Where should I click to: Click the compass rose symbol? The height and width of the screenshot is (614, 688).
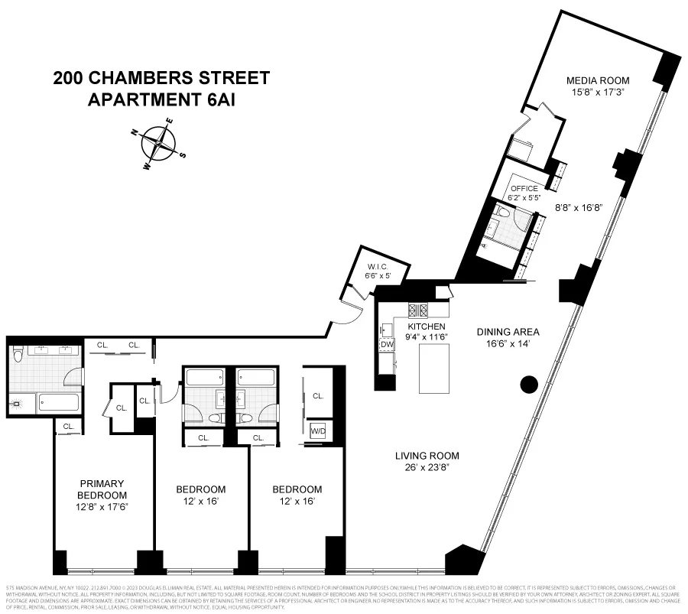[x=160, y=143]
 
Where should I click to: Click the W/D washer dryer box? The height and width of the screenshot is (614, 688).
[x=317, y=430]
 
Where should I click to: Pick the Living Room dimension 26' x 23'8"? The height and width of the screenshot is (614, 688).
[x=427, y=468]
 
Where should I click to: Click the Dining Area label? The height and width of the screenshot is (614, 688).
[x=508, y=332]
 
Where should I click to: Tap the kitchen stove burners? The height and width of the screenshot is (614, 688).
[x=420, y=310]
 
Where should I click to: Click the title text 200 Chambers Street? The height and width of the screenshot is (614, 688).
[x=161, y=78]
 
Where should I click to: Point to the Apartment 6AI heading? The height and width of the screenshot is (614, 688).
[x=161, y=100]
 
